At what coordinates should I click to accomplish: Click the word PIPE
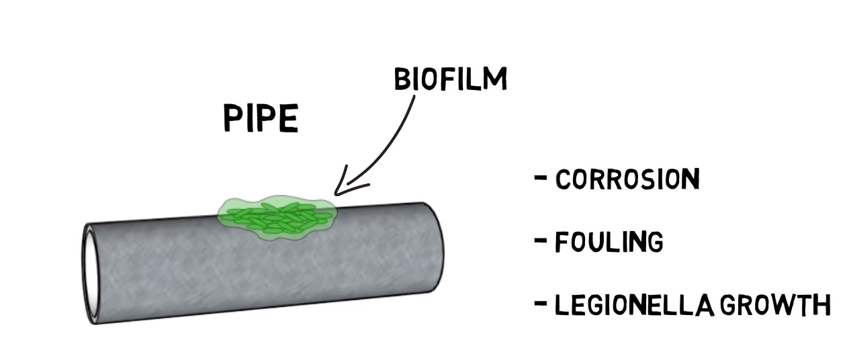[x=261, y=118]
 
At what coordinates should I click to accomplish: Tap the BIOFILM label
[x=451, y=79]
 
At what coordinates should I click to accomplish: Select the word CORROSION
[x=628, y=179]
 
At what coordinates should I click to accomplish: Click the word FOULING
[x=609, y=242]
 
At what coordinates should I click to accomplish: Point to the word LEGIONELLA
[x=635, y=305]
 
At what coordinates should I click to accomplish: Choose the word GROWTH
[x=776, y=305]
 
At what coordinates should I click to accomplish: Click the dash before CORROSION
[x=541, y=177]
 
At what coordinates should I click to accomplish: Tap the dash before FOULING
[x=541, y=240]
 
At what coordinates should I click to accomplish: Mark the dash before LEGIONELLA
[x=541, y=303]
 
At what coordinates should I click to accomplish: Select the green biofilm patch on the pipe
[x=277, y=218]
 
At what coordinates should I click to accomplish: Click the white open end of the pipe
[x=90, y=273]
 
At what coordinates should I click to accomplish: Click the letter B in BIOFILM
[x=402, y=79]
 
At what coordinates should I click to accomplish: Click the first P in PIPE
[x=233, y=118]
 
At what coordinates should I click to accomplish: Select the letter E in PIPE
[x=290, y=118]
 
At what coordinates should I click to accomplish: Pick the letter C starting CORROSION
[x=564, y=179]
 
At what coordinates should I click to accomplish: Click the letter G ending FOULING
[x=654, y=242]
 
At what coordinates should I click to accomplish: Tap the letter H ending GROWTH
[x=823, y=305]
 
